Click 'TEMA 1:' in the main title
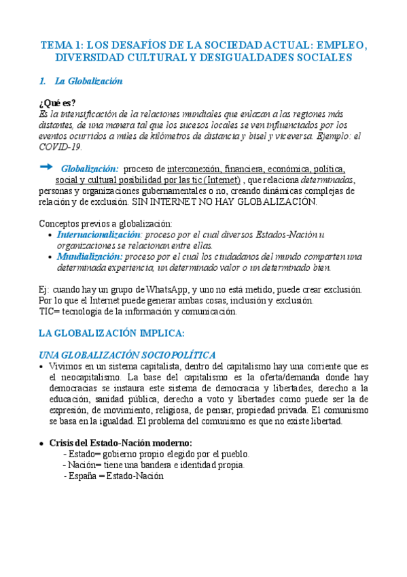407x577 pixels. (x=62, y=45)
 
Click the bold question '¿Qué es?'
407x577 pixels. (x=58, y=103)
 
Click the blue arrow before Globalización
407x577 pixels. (x=46, y=167)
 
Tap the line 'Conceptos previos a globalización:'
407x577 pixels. (x=105, y=223)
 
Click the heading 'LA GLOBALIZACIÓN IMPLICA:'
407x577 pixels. (x=111, y=333)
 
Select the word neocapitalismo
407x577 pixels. (x=85, y=377)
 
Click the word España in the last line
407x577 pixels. (x=81, y=476)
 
